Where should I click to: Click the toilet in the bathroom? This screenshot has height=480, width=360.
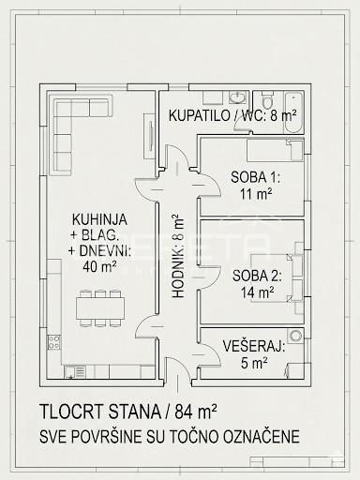coord(267,99)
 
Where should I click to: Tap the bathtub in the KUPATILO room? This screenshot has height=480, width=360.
coord(293,112)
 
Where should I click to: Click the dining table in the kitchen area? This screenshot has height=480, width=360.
coord(100,308)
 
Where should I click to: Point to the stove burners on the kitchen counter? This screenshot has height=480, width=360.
coord(53,342)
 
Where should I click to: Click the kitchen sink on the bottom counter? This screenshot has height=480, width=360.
coord(75,372)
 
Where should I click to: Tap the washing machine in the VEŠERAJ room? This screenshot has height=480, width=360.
coord(295,336)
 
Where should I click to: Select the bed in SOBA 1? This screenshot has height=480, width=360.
coord(275,150)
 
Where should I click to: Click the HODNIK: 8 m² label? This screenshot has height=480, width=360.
coord(178,256)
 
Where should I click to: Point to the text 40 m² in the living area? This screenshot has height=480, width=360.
coord(100,266)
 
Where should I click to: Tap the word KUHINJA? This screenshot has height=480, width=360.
coord(99,219)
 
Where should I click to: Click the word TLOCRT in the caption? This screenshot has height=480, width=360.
coord(71,412)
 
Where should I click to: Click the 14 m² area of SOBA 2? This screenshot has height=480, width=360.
coord(257,292)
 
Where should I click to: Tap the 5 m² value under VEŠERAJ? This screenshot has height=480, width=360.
coord(254,363)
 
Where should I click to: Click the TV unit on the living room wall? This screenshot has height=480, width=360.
coord(149,136)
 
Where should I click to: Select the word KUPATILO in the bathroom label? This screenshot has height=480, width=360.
coord(200,115)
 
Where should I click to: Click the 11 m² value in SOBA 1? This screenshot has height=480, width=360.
coord(256,194)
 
